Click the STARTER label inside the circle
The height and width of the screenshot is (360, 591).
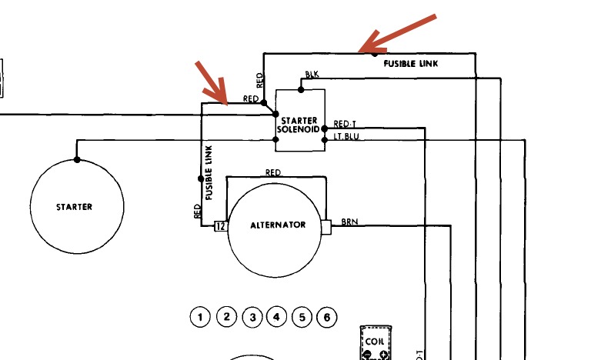(74, 207)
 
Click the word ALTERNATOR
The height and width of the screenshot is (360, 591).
(279, 225)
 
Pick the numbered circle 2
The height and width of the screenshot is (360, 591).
(225, 316)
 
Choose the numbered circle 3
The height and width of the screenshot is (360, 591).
(252, 316)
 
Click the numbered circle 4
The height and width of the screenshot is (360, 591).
(276, 316)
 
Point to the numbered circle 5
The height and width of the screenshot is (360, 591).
(302, 316)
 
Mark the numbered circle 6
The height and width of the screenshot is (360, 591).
(327, 316)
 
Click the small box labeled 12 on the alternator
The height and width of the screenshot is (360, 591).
(219, 226)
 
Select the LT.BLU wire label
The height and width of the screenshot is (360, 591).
(345, 137)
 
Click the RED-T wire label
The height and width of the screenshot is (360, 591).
(344, 124)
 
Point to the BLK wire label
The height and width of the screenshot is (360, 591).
(312, 75)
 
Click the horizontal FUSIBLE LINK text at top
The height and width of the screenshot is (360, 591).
(411, 64)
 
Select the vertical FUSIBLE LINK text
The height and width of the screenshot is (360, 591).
(209, 173)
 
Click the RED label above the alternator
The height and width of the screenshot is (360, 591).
(272, 172)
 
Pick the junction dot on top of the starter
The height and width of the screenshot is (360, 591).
(77, 160)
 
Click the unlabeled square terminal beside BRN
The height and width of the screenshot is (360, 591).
(326, 226)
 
